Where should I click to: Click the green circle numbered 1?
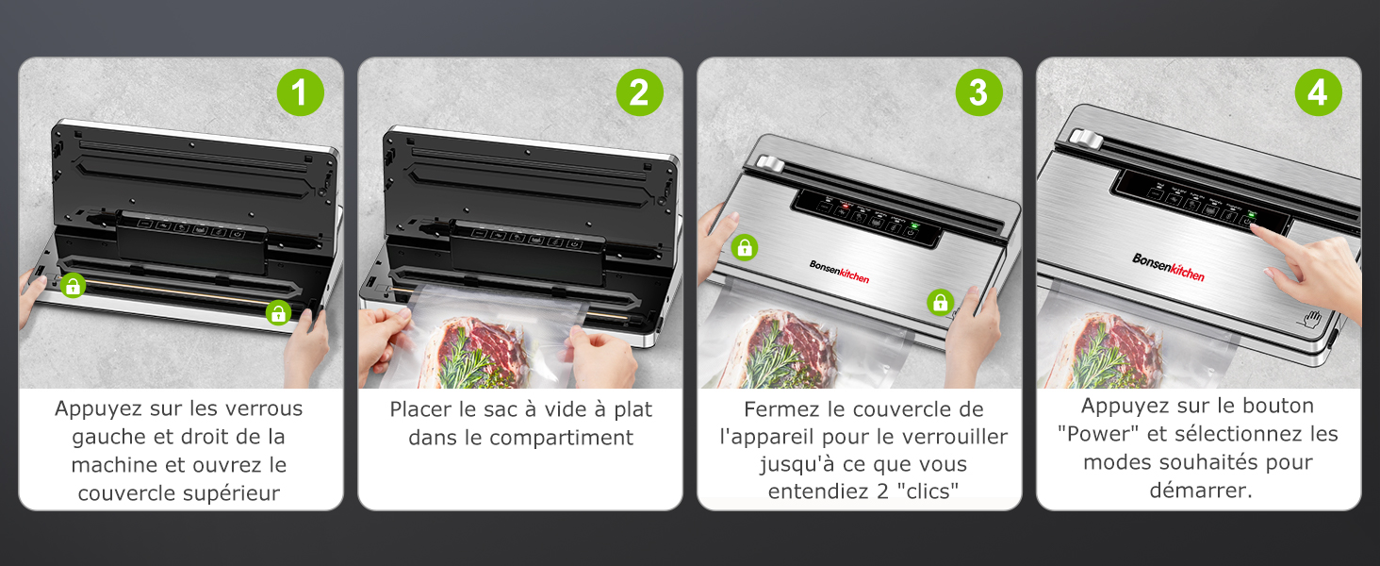click(x=301, y=92)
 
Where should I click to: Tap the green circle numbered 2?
click(x=640, y=92)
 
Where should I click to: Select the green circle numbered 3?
click(x=979, y=92)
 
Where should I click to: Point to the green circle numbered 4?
click(x=1318, y=92)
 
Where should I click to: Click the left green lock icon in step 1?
click(x=73, y=286)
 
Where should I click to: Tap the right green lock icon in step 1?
click(x=277, y=313)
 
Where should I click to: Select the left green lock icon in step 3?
click(x=745, y=248)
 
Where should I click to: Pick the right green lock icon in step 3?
click(x=940, y=302)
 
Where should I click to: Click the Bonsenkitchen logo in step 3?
click(x=839, y=271)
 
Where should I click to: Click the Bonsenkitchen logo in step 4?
click(x=1168, y=266)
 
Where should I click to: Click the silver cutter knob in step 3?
click(x=770, y=165)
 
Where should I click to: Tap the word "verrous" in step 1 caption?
click(x=263, y=408)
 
